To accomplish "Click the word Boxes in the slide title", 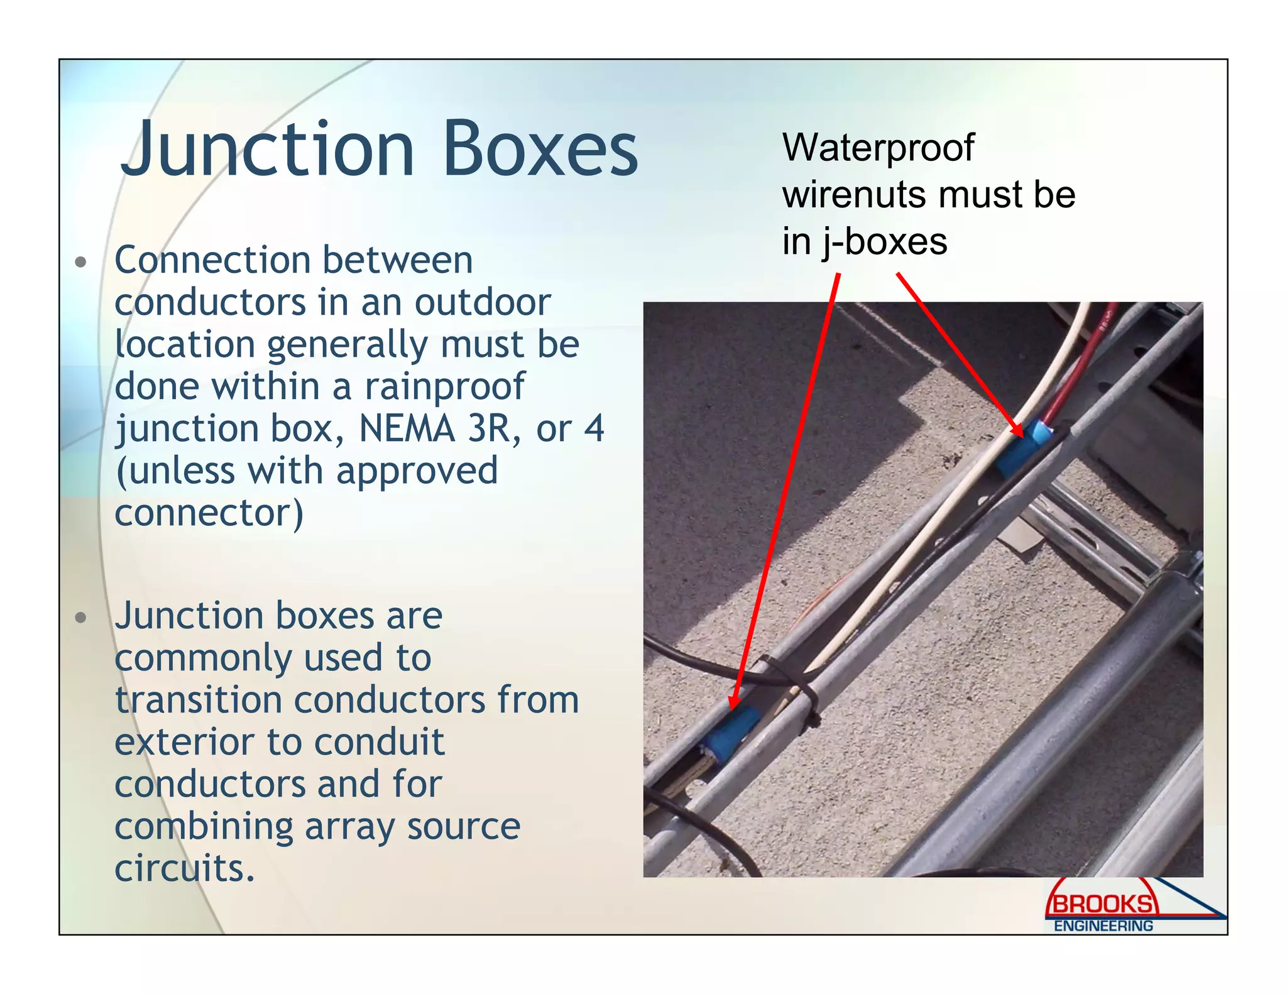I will (x=540, y=150).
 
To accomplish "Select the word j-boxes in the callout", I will (x=884, y=243).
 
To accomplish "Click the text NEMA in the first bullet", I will (x=407, y=429).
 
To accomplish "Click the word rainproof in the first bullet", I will (x=445, y=387).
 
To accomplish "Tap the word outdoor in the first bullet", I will (x=483, y=303).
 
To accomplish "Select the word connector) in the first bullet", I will (x=209, y=514).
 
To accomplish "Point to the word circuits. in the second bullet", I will (x=185, y=869).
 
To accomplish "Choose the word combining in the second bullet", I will (x=204, y=827).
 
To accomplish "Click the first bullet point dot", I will (x=80, y=262).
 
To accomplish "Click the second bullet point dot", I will (x=80, y=618).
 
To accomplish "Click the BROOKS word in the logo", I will (x=1102, y=904).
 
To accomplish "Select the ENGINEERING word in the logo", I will (x=1104, y=926).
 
